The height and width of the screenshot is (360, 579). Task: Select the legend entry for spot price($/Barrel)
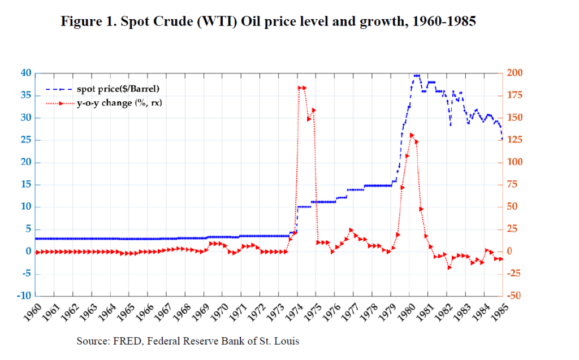118,89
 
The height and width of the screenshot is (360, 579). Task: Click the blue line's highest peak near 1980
417,75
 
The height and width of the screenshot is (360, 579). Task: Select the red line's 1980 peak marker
412,135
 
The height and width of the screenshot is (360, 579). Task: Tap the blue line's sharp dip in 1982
450,125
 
